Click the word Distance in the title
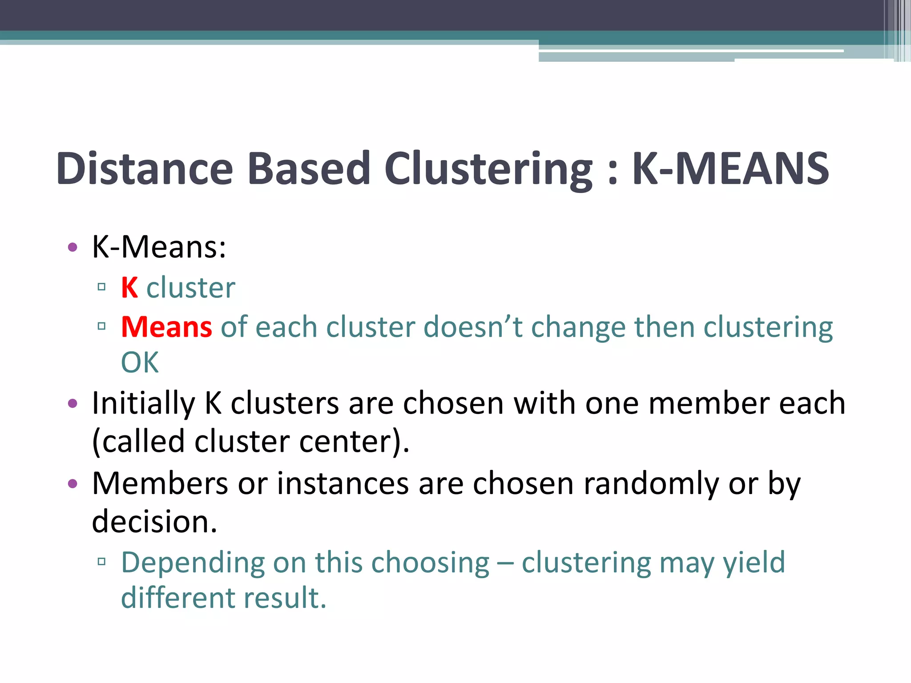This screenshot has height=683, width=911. (x=145, y=169)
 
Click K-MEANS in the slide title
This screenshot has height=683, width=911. (x=730, y=169)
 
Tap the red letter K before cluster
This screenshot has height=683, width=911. (x=129, y=288)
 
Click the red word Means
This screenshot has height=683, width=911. (x=167, y=327)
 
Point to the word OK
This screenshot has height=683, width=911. (x=140, y=362)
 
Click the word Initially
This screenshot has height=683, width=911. (x=143, y=404)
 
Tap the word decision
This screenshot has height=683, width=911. (x=154, y=522)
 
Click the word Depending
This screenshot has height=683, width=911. (x=193, y=563)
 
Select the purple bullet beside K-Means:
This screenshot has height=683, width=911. (x=73, y=247)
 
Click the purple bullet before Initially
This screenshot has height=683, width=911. (x=73, y=404)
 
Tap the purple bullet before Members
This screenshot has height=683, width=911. (x=73, y=484)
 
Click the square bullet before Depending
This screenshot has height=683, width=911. (x=101, y=562)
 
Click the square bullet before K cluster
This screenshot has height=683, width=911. (x=101, y=287)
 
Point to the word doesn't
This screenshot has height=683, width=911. (x=473, y=327)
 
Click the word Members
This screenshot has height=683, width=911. (x=160, y=483)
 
